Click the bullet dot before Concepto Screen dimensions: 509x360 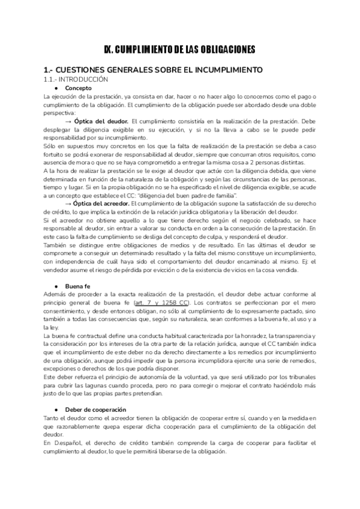56,88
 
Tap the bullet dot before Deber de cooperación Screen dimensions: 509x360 56,409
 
